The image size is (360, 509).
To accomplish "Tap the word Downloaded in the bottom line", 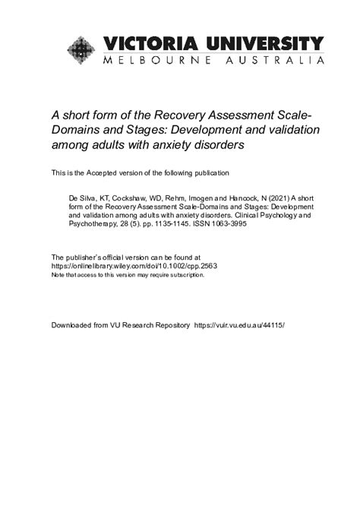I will (x=74, y=324).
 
